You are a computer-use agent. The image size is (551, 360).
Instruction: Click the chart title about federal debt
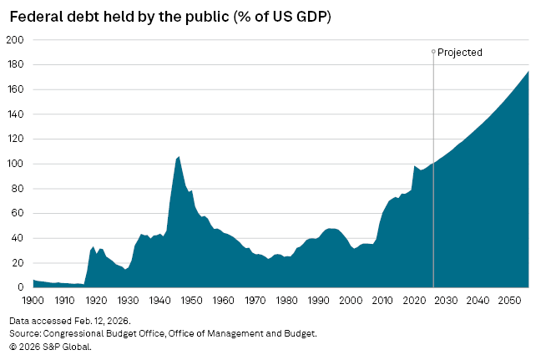[x=170, y=17]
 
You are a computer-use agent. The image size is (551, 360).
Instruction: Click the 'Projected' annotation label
[x=460, y=53]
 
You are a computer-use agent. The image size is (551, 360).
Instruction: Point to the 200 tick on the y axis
[x=14, y=40]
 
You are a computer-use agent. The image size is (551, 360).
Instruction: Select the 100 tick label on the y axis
[x=14, y=164]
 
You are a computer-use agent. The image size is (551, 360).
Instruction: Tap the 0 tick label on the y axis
[x=20, y=287]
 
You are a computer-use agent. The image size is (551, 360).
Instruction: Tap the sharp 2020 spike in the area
[x=415, y=166]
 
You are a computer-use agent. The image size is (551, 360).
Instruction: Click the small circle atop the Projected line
[x=433, y=52]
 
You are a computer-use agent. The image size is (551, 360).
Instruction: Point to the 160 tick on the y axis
[x=14, y=89]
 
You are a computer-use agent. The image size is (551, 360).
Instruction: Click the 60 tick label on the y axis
[x=17, y=213]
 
